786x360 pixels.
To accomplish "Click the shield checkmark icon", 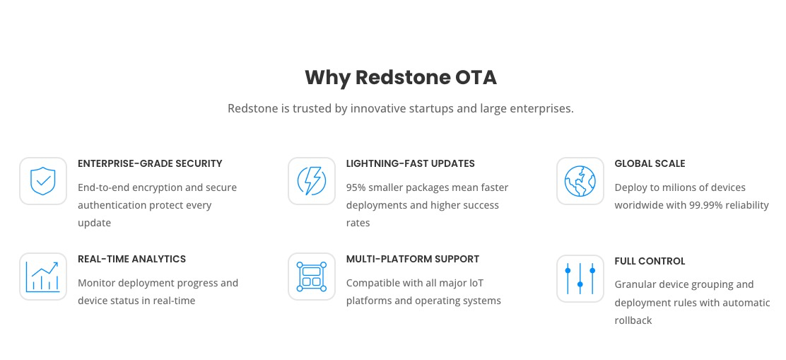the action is [43, 181].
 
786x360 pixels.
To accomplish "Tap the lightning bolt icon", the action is [311, 181].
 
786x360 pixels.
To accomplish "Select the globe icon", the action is [580, 181].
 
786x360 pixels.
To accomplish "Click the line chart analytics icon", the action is [43, 277].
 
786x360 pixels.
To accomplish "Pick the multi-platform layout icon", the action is [311, 277].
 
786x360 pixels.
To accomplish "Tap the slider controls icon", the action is [580, 278].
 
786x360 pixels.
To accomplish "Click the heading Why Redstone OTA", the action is [401, 78].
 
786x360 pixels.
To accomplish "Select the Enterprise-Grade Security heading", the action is [150, 163].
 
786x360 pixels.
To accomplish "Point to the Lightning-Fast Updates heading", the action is [411, 163].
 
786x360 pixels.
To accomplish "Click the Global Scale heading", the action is [650, 163].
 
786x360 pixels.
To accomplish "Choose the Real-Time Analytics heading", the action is [132, 260].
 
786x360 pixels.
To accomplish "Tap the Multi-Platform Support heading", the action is [413, 260].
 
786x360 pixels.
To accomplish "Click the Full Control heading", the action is [650, 261].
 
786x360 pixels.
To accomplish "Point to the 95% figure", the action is [357, 187].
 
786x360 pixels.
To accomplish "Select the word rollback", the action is [633, 320].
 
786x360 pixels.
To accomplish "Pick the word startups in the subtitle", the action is [433, 108].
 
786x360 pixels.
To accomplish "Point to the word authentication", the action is [115, 205].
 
